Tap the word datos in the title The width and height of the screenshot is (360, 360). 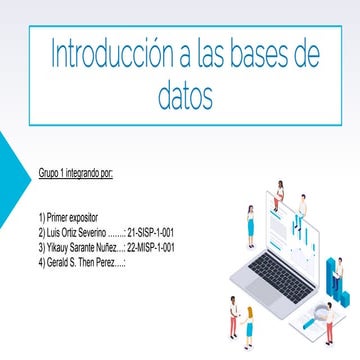pyautogui.click(x=186, y=96)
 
